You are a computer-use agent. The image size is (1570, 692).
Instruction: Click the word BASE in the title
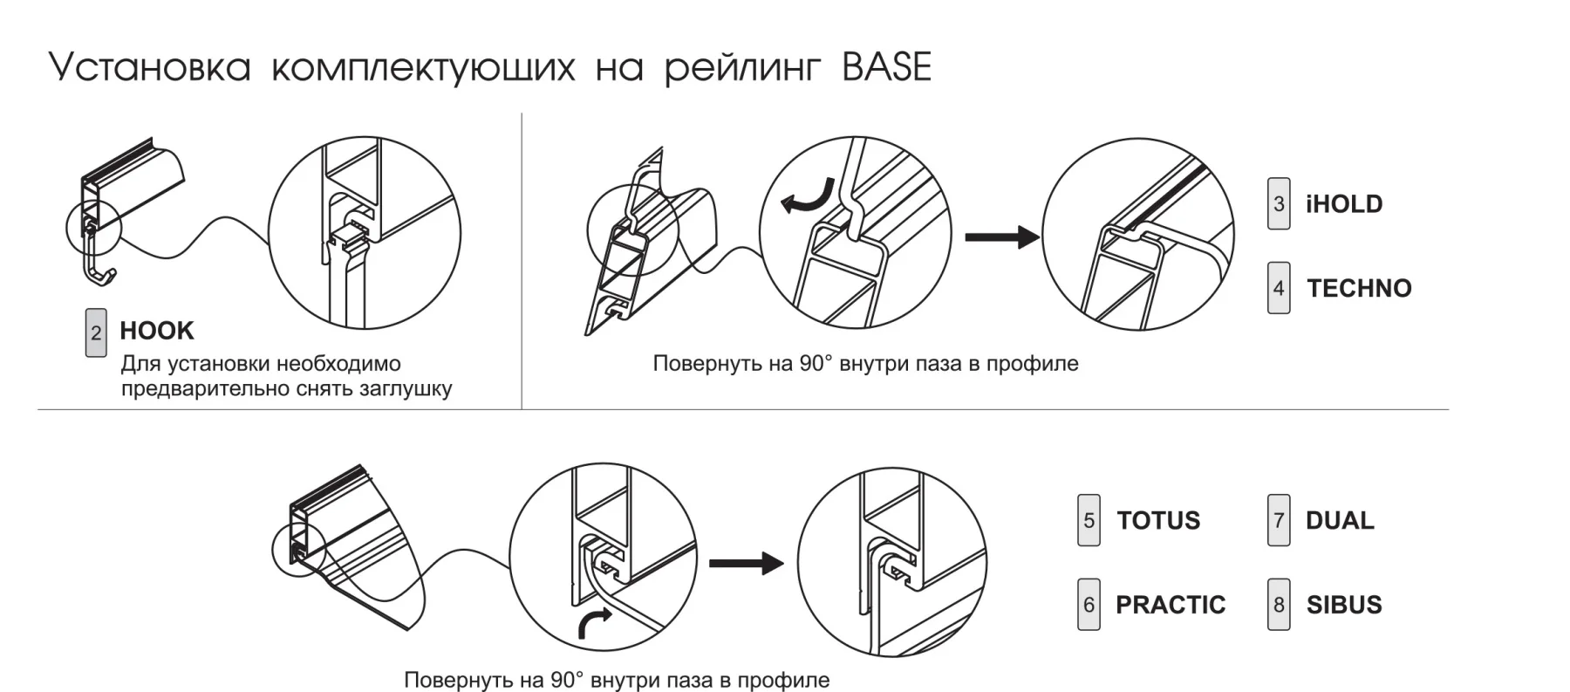886,68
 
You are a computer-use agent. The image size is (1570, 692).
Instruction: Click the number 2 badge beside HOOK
96,332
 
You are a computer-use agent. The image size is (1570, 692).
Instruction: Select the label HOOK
157,331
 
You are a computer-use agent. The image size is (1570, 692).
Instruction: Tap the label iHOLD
1344,204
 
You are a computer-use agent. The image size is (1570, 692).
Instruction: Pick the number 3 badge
1279,204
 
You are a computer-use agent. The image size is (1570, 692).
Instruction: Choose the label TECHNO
1359,288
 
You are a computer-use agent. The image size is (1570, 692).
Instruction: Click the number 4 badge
1279,288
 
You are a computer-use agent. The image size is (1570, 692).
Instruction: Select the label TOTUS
1158,521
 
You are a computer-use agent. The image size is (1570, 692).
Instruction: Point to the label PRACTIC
1171,605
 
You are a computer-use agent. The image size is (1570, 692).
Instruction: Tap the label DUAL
1340,521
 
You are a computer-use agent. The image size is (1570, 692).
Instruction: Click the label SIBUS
1344,605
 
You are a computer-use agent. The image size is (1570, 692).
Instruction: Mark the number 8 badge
1279,605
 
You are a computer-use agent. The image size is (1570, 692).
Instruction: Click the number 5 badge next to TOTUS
1089,521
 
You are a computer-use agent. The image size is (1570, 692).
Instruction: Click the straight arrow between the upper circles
1001,236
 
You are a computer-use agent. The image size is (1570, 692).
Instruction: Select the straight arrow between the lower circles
747,563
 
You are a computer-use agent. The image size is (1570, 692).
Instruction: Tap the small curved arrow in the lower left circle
595,622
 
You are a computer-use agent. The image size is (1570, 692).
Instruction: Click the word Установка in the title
150,68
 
